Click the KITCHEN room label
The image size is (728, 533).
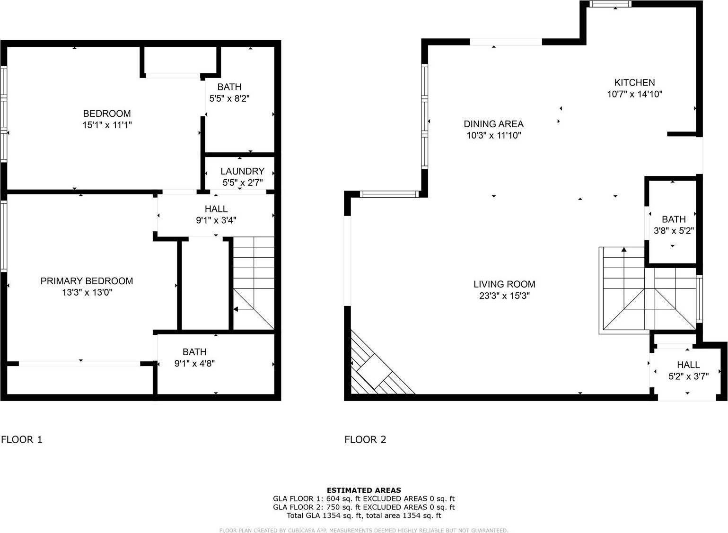tap(634, 82)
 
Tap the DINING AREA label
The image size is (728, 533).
tap(493, 124)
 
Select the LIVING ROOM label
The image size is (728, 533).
tap(504, 284)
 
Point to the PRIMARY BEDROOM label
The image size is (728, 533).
tap(87, 281)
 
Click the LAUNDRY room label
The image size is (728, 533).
tap(242, 171)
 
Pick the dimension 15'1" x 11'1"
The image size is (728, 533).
tap(106, 125)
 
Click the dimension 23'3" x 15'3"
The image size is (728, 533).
tap(504, 296)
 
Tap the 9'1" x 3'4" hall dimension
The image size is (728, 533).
tap(216, 220)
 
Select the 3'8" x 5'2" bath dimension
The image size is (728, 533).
tap(674, 231)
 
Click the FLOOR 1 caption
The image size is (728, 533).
tap(22, 439)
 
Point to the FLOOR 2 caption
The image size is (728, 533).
tap(365, 439)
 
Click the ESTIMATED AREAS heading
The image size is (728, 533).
tap(364, 490)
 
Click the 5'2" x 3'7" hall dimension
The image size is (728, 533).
tap(688, 376)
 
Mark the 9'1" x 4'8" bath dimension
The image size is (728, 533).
tap(194, 364)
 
